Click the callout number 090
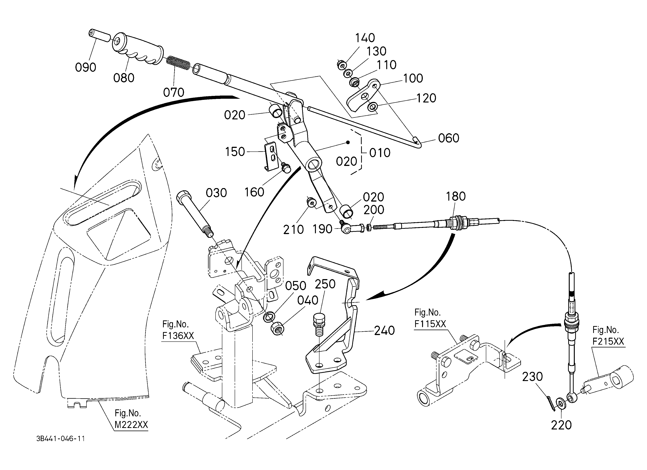point(85,68)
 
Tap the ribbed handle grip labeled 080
point(138,49)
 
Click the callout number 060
point(449,138)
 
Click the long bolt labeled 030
point(195,213)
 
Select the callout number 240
point(384,331)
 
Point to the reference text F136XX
point(178,336)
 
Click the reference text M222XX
point(131,425)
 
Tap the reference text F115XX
point(430,324)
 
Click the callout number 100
point(413,78)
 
